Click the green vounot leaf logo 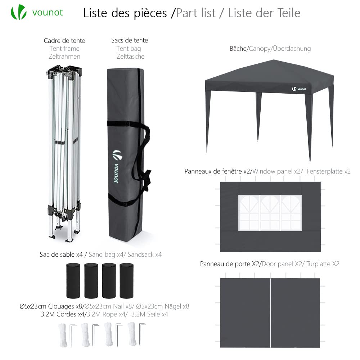18,12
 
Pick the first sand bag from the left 73,280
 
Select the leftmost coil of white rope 62,334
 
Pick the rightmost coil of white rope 132,334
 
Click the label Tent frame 64,49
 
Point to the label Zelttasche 130,57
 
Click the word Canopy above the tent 259,49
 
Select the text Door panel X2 282,264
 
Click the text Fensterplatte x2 328,171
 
